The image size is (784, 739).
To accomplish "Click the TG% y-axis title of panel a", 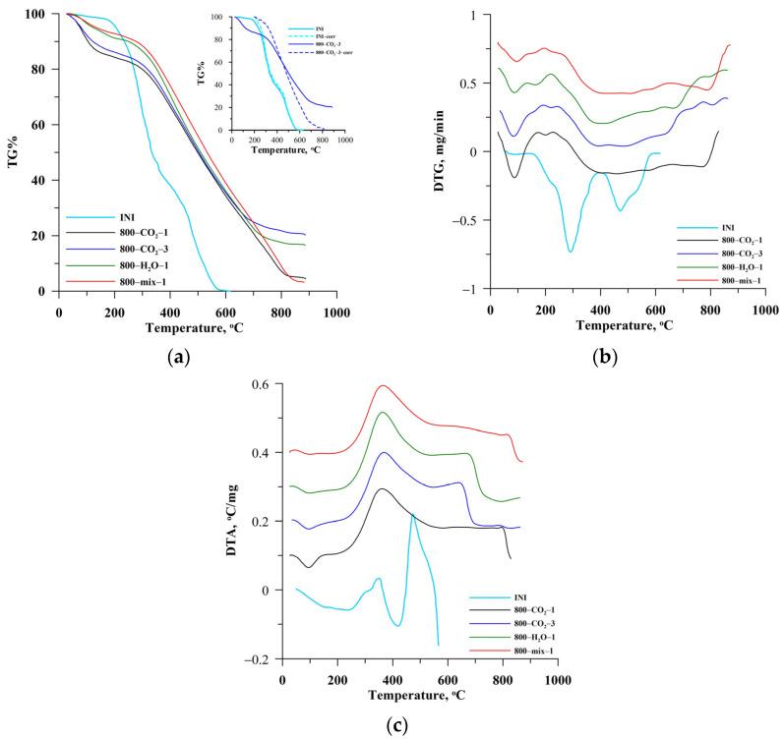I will pos(15,153).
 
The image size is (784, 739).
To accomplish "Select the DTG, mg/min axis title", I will pos(450,151).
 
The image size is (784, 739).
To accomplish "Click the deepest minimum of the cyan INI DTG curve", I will pos(571,252).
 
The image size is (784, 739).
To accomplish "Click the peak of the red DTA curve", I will pos(383,385).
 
